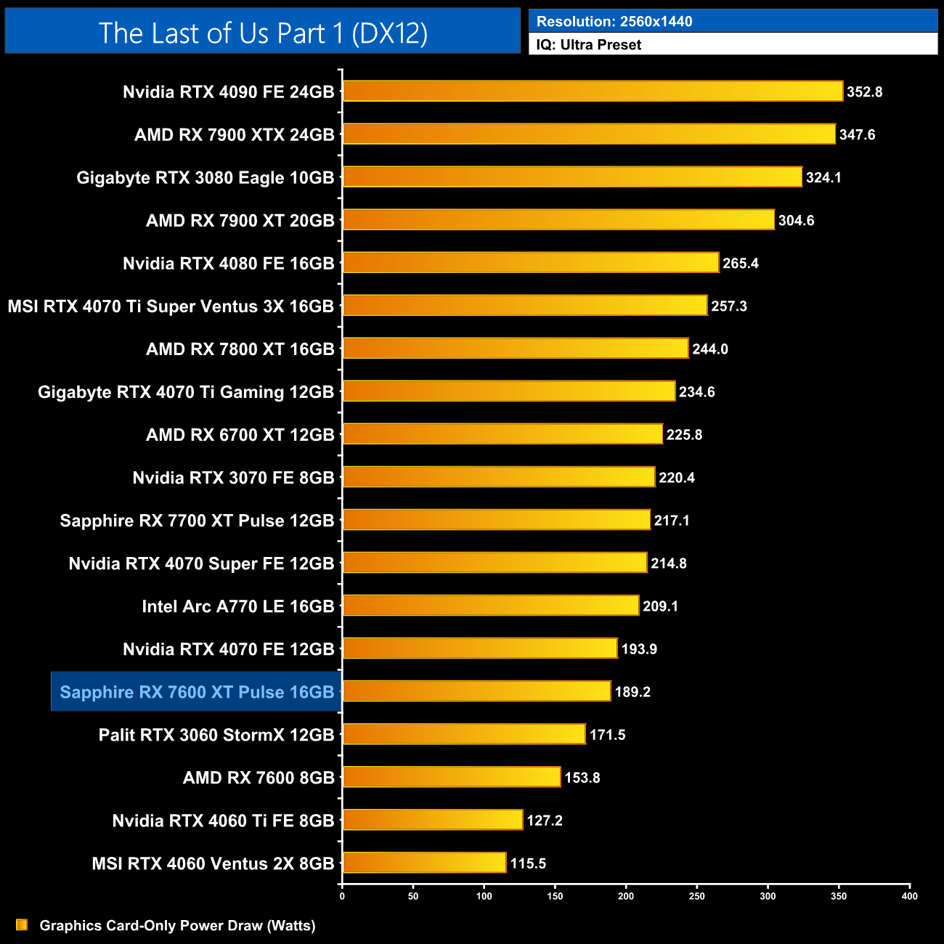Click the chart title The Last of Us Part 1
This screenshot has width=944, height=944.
263,33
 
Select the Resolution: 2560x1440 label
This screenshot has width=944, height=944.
614,21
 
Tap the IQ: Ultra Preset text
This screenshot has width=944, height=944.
589,45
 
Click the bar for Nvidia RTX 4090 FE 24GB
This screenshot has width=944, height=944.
593,91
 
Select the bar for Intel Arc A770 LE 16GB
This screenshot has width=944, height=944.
491,606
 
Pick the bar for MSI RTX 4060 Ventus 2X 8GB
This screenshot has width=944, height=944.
424,863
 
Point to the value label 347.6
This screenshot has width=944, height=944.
857,135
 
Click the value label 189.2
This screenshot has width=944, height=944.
632,692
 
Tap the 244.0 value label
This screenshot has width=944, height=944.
710,349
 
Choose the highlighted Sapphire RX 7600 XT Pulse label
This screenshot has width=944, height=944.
197,692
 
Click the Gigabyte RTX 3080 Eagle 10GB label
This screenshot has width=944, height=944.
206,178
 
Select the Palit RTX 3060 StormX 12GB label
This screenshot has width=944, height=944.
216,735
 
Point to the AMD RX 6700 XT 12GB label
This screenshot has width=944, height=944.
240,435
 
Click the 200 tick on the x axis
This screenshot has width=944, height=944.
626,896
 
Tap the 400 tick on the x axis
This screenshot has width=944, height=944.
909,896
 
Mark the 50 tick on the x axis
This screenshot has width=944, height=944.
413,896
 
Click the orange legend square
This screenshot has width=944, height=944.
22,925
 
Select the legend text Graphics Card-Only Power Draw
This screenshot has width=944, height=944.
177,926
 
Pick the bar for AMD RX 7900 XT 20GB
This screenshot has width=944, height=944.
558,220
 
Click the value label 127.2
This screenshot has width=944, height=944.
545,821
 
